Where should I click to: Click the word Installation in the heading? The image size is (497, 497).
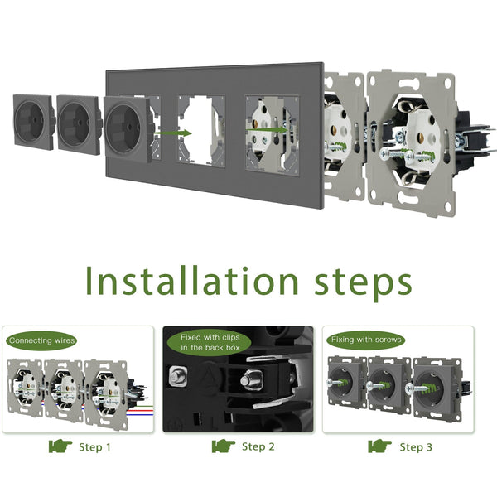tap(192, 281)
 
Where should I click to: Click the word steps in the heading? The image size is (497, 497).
tap(364, 283)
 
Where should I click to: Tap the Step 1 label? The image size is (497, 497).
tap(94, 447)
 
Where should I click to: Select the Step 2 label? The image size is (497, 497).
tap(258, 446)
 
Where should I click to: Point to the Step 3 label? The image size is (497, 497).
tap(416, 447)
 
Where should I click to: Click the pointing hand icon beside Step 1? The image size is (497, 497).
tap(60, 446)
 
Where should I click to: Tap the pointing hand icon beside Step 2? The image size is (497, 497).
tap(224, 446)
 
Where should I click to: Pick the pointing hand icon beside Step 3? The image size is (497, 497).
tap(379, 446)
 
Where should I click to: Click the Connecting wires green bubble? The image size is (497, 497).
tap(41, 340)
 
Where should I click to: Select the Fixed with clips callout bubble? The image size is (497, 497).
tap(210, 343)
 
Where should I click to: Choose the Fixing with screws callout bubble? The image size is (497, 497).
tap(366, 340)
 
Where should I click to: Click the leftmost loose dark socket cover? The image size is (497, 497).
tap(34, 122)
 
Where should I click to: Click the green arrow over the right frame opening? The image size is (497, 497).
tap(267, 129)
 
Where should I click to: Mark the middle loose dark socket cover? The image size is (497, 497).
tap(79, 124)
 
